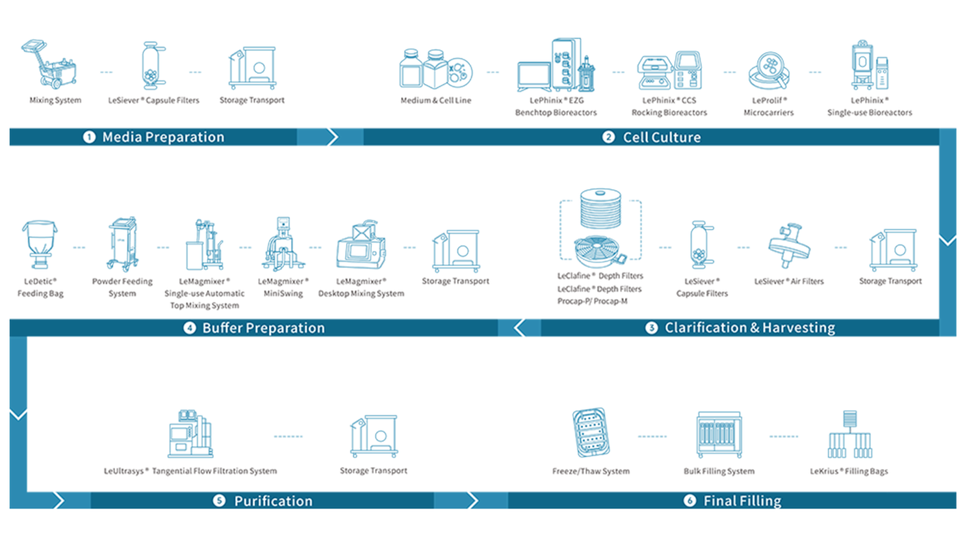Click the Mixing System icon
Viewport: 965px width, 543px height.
(x=52, y=65)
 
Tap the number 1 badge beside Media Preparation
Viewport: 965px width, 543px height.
(x=89, y=137)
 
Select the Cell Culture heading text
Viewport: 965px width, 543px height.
(x=662, y=137)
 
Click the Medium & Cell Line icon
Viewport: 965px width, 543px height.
(x=436, y=70)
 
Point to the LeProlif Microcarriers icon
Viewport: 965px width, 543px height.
(x=769, y=72)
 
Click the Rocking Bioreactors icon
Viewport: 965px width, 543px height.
(x=669, y=71)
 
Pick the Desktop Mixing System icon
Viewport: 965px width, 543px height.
(x=361, y=245)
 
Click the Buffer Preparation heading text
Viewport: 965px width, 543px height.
(x=263, y=328)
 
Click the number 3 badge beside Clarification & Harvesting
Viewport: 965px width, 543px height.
(x=651, y=328)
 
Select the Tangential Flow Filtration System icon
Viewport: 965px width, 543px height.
(x=190, y=434)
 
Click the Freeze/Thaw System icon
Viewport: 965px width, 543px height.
(x=591, y=434)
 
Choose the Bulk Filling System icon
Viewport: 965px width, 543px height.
(x=718, y=434)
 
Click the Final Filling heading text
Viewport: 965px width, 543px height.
(x=742, y=501)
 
